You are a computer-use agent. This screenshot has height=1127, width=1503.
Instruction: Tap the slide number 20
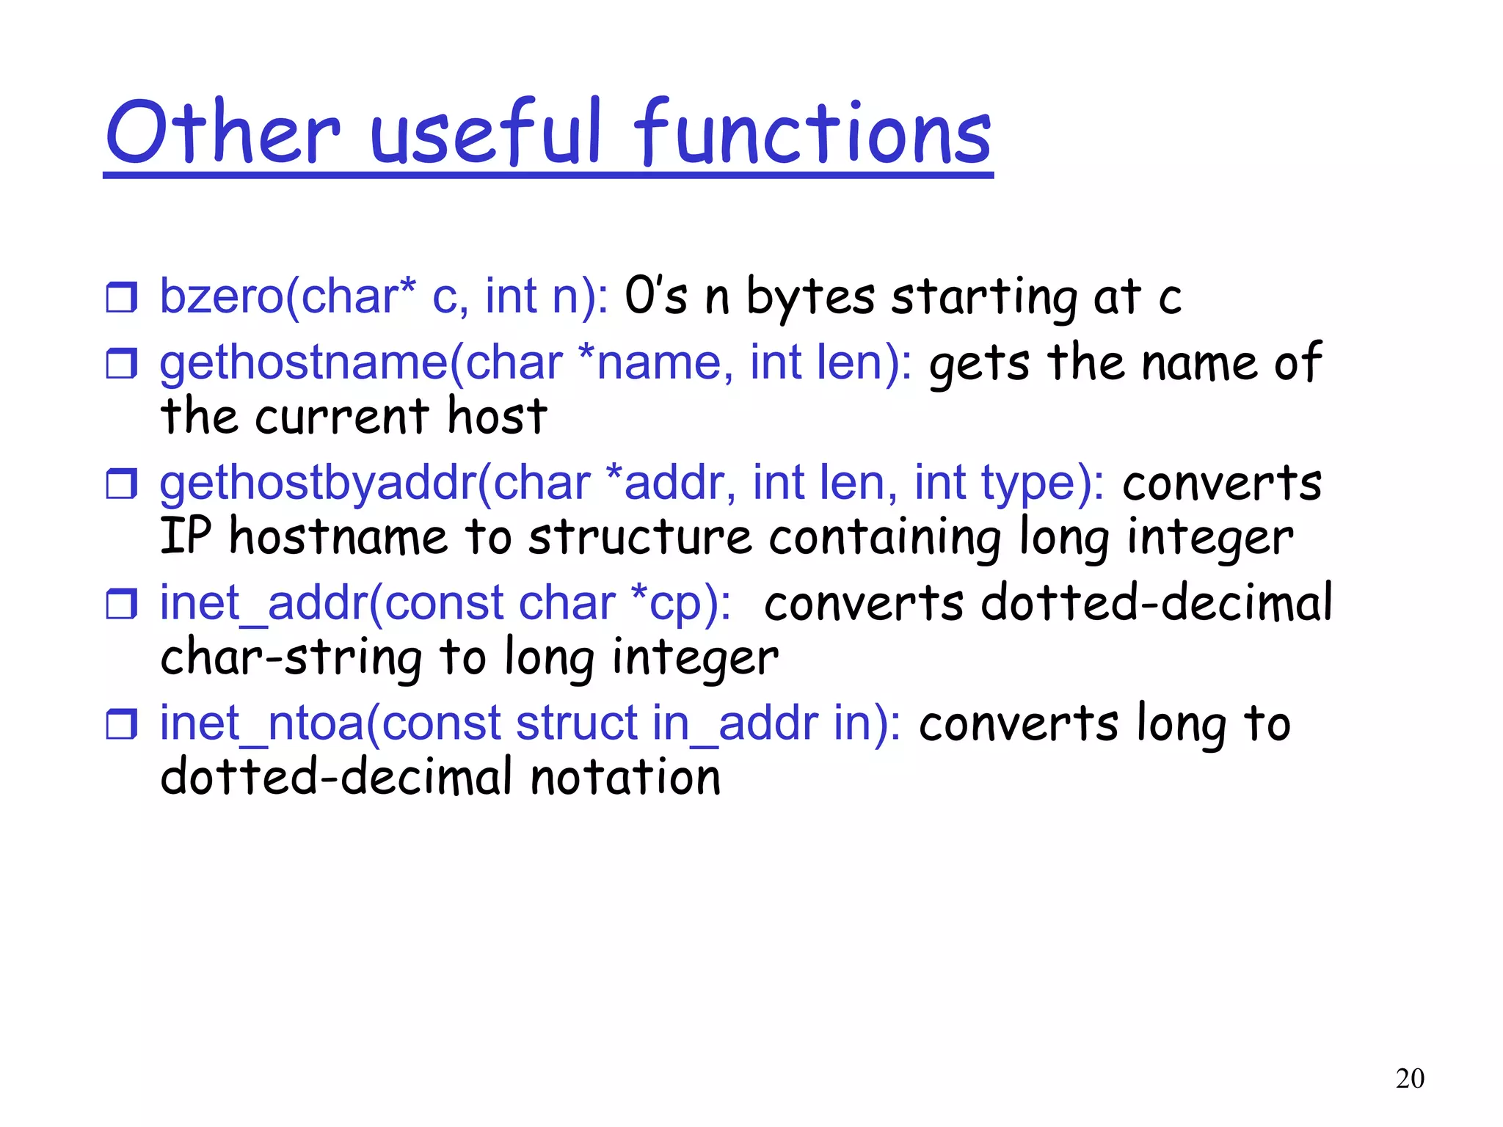click(1409, 1079)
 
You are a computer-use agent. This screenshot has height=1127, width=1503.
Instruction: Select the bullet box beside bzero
click(121, 297)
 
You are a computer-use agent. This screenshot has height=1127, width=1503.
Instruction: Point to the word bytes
click(810, 298)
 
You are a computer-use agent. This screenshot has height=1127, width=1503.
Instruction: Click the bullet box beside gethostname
click(121, 363)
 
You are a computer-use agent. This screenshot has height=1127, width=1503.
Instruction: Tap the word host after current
click(497, 416)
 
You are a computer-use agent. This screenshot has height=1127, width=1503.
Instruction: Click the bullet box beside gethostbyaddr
click(121, 484)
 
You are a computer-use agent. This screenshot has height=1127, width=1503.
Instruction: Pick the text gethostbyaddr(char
click(374, 484)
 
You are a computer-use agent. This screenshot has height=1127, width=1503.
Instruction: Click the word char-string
click(291, 657)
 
